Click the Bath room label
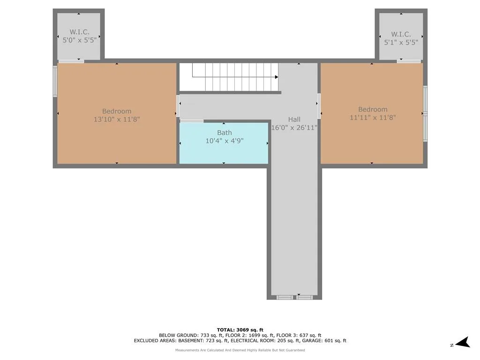click(x=225, y=133)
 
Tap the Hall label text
click(x=294, y=120)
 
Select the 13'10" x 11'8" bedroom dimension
click(x=117, y=119)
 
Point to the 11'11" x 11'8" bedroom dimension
click(x=373, y=117)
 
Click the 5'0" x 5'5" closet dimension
click(x=80, y=40)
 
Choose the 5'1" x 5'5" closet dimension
click(x=401, y=42)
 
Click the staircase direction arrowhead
click(x=277, y=77)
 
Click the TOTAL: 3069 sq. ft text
click(x=240, y=330)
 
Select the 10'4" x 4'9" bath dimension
click(x=225, y=141)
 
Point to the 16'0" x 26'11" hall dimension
click(x=294, y=127)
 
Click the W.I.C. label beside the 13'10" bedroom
click(x=80, y=32)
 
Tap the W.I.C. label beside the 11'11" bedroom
click(x=401, y=34)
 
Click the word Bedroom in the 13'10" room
click(x=117, y=111)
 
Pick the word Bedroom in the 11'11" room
click(x=373, y=109)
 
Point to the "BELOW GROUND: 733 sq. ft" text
click(x=189, y=335)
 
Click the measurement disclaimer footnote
click(x=240, y=350)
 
